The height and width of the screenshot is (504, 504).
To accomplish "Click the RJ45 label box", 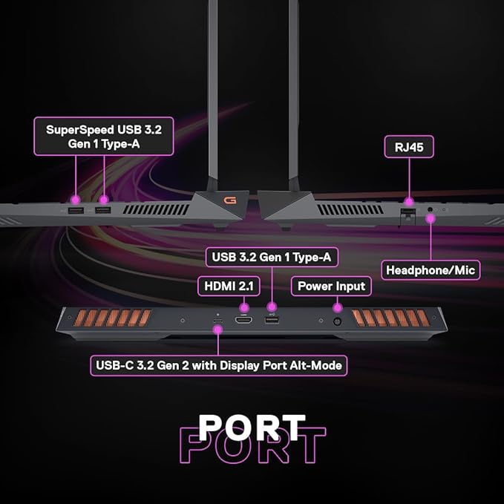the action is (x=409, y=147).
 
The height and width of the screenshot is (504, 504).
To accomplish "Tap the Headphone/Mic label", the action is (x=431, y=270).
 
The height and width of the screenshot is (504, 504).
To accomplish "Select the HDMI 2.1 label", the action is (x=229, y=286).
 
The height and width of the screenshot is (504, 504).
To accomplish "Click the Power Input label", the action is (x=331, y=286).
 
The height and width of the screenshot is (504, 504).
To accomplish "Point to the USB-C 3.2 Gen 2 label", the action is (x=218, y=365).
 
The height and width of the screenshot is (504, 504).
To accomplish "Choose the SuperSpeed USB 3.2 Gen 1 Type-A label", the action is (x=104, y=137).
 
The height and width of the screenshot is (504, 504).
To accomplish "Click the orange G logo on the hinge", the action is (x=230, y=200).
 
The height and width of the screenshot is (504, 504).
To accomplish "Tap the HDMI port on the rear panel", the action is (x=243, y=320).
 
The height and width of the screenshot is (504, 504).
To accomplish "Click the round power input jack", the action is (x=337, y=321).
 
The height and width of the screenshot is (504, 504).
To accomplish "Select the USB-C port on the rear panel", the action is (x=218, y=321).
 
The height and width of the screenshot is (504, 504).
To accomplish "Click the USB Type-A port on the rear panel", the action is (x=272, y=320).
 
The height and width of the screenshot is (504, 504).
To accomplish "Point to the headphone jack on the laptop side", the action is (x=431, y=209).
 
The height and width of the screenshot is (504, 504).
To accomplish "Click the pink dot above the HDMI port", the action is (x=244, y=307).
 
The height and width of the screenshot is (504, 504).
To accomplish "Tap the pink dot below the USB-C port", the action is (x=218, y=330).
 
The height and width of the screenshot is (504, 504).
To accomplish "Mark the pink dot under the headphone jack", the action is (x=431, y=219).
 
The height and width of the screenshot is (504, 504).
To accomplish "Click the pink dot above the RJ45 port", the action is (x=409, y=202).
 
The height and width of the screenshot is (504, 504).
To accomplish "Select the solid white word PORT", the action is (x=252, y=428).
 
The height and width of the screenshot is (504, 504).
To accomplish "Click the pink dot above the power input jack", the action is (x=337, y=307).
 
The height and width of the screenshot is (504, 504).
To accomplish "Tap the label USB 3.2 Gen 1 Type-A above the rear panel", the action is (x=272, y=257).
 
